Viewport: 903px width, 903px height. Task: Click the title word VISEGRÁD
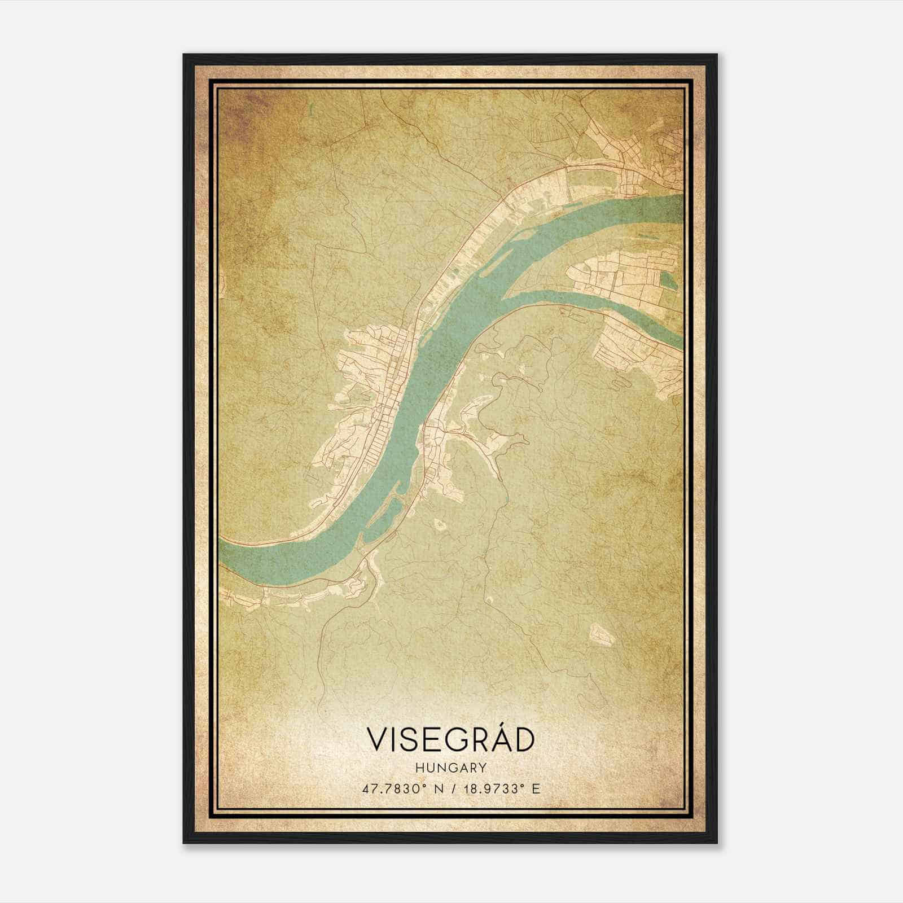(x=450, y=739)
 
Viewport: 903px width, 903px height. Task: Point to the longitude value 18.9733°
(x=491, y=788)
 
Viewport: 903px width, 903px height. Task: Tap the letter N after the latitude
(x=435, y=788)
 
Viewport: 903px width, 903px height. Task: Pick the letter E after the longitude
(x=536, y=788)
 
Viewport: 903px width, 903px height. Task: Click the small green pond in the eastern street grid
(x=668, y=280)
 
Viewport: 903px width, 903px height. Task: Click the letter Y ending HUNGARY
(x=483, y=768)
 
